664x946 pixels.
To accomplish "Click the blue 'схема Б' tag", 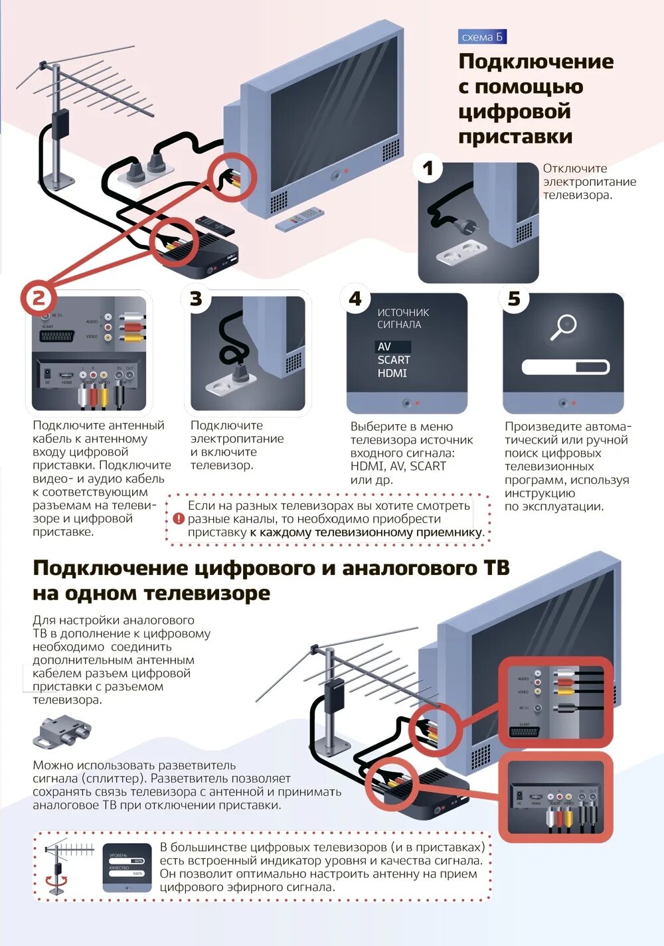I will coord(482,37).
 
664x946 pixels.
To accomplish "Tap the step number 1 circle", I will coord(428,169).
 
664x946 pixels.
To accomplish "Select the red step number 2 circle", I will coord(39,298).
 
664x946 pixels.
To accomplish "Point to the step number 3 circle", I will coord(196,299).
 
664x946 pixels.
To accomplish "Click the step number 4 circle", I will coord(355,299).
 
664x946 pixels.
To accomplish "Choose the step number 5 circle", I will coord(514,299).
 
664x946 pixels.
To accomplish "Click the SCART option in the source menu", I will coord(394,360).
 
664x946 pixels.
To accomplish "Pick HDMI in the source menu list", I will coord(392,373).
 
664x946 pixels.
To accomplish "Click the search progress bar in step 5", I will coord(565,367).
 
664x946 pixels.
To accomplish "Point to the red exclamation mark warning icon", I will coord(178,518).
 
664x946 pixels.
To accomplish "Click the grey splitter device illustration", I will coord(62,731).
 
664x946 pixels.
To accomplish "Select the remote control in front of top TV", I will coord(299,219).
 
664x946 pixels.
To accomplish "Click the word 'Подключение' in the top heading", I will coord(536,62).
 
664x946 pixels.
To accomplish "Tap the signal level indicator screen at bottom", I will coord(127,867).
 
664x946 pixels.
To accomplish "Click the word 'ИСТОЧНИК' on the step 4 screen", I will coord(403,312).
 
